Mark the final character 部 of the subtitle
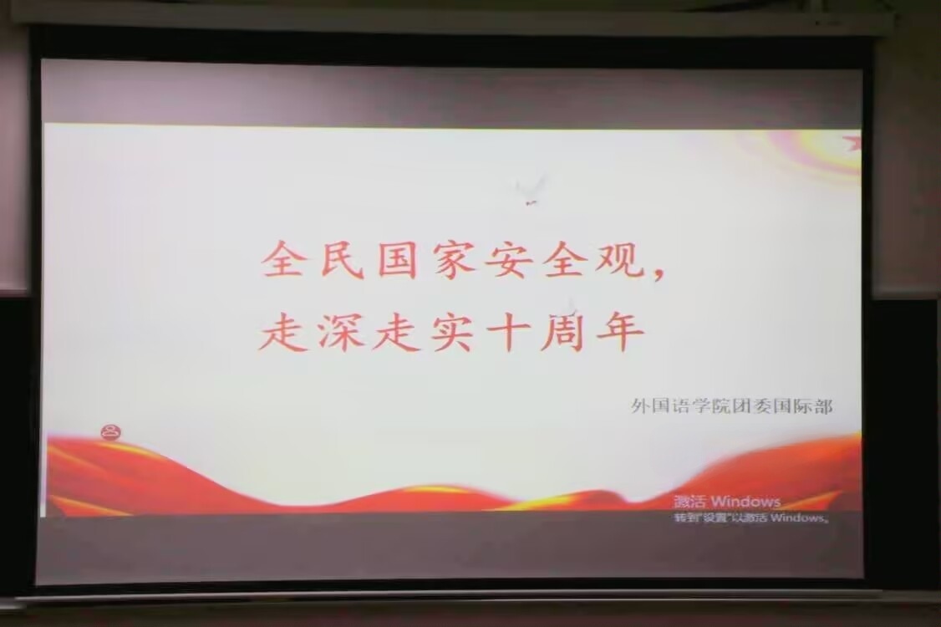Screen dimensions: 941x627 [x=823, y=406]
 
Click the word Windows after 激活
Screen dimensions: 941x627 [x=745, y=502]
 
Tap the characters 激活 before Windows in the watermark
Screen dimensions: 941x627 [x=690, y=502]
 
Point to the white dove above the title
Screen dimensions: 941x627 [x=530, y=189]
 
